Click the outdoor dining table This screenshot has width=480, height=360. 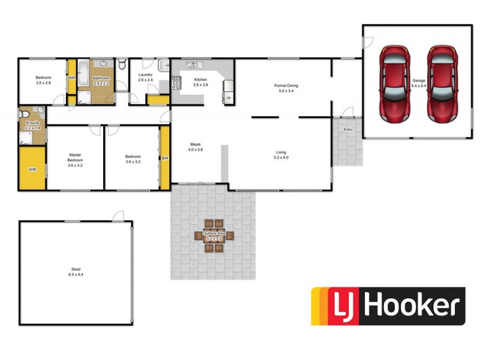214,235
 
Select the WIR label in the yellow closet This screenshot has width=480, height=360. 32,170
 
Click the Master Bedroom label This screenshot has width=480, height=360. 75,157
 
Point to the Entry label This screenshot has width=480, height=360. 348,130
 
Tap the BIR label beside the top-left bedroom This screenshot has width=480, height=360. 72,78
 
